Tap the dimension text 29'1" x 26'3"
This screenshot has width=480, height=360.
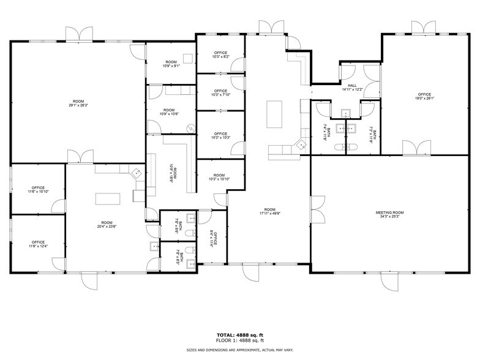[x=78, y=105]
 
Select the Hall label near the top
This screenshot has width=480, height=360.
[x=352, y=86]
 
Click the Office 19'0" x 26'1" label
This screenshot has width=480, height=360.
[x=424, y=96]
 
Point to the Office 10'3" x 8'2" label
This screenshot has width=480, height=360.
[x=220, y=54]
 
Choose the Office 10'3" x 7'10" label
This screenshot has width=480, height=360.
[x=220, y=92]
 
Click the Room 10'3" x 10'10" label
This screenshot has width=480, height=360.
[x=219, y=177]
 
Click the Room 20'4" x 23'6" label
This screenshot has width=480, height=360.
[x=107, y=224]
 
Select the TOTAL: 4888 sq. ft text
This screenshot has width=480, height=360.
[x=240, y=335]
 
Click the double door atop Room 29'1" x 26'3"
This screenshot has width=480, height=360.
[x=78, y=34]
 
